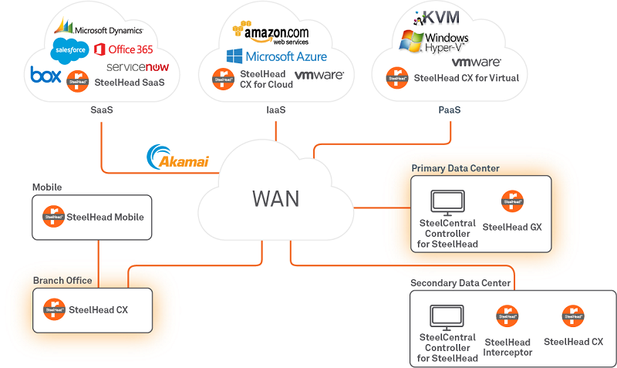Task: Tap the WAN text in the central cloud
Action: coord(275,198)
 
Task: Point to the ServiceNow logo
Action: coord(137,67)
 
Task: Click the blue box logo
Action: coord(46,75)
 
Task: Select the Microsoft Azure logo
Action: coord(276,56)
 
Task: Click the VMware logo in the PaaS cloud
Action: coord(476,62)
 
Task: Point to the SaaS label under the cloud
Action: coord(101,110)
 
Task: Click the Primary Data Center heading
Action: coord(455,168)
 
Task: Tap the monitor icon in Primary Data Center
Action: coord(447,203)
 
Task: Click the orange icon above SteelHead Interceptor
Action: coord(507,316)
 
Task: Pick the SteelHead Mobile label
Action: coord(105,217)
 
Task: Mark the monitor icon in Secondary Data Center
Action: coord(447,317)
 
